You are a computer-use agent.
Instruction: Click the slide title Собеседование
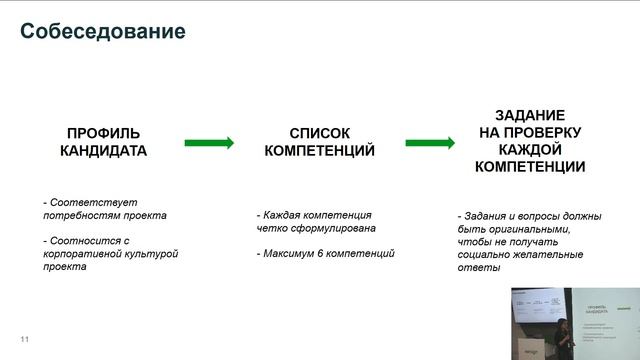click(x=103, y=31)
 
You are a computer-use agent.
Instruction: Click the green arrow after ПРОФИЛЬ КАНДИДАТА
click(x=208, y=143)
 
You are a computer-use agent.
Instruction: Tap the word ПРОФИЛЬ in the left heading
click(x=103, y=133)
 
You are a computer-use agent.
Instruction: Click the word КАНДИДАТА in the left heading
click(x=103, y=151)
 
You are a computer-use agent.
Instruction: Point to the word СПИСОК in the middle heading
click(x=320, y=133)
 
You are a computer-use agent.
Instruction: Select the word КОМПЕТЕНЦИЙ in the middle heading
click(x=320, y=151)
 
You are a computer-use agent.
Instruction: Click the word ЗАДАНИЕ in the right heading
click(x=531, y=115)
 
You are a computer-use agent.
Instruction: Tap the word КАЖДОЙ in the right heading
click(x=531, y=149)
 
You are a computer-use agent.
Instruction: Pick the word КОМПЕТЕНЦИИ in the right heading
click(x=531, y=167)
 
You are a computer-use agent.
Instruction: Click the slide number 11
click(x=25, y=341)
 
